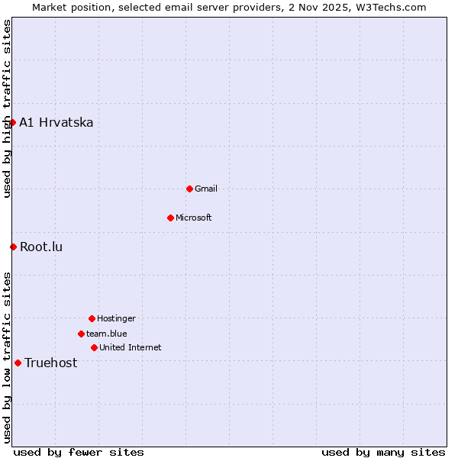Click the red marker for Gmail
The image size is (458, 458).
click(189, 189)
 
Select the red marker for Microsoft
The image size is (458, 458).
click(170, 218)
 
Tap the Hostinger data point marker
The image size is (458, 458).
click(92, 318)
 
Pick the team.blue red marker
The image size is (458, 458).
click(81, 334)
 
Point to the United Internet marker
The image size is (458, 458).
click(94, 347)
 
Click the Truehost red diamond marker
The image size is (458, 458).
click(18, 363)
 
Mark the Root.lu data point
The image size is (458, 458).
click(13, 247)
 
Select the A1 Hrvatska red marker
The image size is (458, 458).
click(12, 122)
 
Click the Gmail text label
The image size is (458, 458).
click(206, 189)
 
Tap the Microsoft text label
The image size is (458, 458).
click(194, 218)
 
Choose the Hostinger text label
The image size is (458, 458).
click(116, 318)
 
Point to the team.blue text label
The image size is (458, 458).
click(107, 334)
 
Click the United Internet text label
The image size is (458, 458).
click(131, 347)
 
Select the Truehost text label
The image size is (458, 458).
click(51, 363)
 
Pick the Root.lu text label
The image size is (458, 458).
click(41, 247)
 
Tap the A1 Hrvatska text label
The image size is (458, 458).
click(56, 122)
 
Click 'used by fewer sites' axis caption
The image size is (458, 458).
click(79, 452)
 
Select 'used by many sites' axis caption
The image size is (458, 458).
click(383, 452)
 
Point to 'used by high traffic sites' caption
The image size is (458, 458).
click(7, 108)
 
